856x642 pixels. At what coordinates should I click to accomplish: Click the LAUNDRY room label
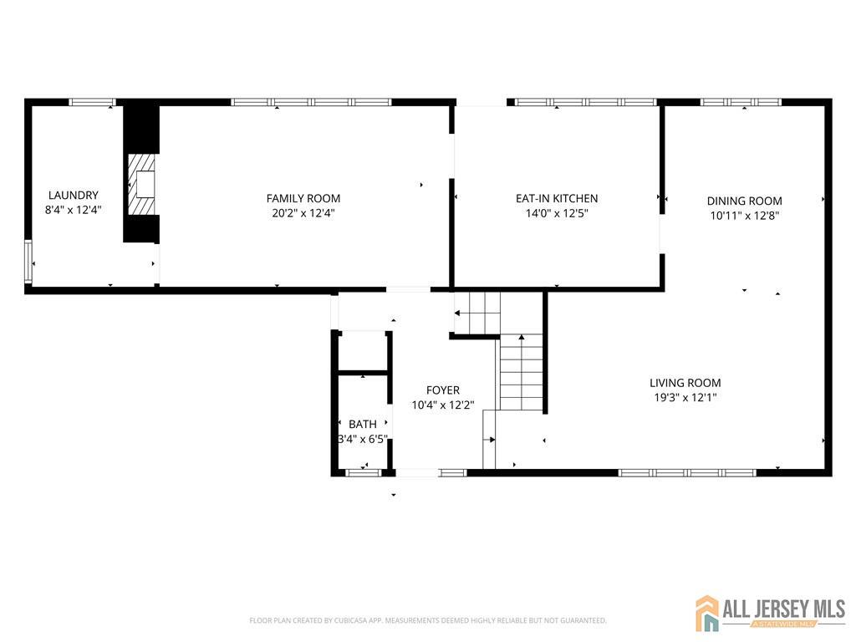click(73, 196)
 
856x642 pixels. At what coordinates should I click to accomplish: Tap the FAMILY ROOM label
click(303, 198)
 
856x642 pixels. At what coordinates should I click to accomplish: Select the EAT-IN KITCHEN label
click(556, 198)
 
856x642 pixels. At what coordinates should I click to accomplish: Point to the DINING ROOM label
click(744, 201)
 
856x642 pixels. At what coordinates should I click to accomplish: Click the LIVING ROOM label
click(685, 383)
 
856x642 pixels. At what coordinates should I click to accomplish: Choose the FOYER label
click(442, 390)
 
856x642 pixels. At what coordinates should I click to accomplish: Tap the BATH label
click(363, 424)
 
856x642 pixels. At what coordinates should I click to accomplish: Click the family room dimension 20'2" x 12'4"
click(303, 213)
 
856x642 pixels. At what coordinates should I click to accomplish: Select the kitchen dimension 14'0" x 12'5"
click(556, 213)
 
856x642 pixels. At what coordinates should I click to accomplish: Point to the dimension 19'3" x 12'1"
click(685, 398)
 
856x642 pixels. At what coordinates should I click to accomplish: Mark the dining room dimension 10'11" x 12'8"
click(744, 216)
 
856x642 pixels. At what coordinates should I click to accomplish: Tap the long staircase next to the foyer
click(522, 372)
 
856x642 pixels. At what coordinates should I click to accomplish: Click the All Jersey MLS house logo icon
click(707, 613)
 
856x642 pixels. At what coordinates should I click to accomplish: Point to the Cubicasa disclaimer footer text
click(427, 621)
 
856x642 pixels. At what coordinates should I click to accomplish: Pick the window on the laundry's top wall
click(92, 102)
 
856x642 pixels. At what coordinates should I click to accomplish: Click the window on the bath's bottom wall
click(363, 473)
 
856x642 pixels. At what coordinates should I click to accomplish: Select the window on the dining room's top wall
click(740, 102)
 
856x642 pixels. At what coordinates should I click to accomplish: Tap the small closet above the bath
click(363, 351)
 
